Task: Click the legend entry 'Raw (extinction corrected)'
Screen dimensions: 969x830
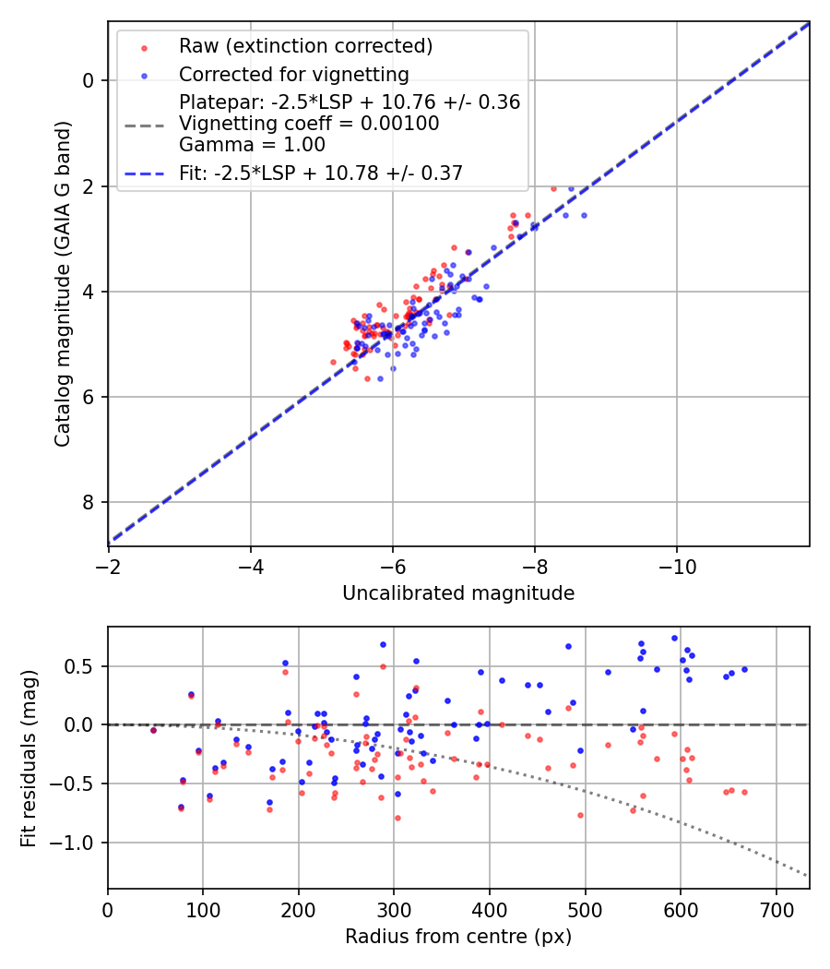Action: pos(293,46)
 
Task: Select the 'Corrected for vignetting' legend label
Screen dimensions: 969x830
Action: pos(293,74)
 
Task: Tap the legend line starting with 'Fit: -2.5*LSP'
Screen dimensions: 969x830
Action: pos(320,173)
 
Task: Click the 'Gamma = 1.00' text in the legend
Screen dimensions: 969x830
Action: pos(252,144)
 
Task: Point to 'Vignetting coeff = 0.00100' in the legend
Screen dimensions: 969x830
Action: pos(309,124)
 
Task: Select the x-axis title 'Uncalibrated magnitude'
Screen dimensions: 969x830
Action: pos(458,593)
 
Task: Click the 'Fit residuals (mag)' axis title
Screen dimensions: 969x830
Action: pos(29,758)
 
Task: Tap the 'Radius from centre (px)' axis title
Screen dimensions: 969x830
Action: pos(458,937)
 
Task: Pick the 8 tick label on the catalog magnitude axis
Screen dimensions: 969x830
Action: pos(89,503)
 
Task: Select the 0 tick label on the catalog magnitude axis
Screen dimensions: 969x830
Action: pos(89,81)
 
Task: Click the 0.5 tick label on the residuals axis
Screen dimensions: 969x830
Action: pos(83,666)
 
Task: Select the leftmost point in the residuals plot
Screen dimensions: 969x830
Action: pos(153,730)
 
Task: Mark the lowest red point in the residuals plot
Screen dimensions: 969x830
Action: pos(397,818)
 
